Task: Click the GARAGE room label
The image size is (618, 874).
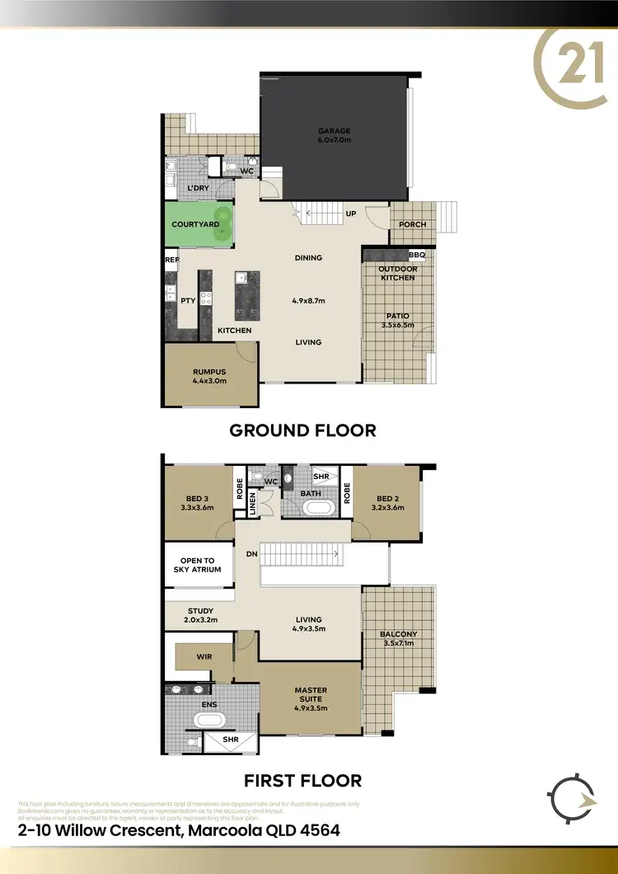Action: (x=335, y=131)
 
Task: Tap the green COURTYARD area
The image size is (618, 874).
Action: (x=195, y=224)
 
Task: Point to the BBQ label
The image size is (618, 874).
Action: (x=417, y=256)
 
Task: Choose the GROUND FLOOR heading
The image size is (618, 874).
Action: (x=302, y=430)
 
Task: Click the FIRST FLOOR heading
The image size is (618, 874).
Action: (x=303, y=780)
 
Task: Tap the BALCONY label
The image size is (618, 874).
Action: (x=399, y=634)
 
